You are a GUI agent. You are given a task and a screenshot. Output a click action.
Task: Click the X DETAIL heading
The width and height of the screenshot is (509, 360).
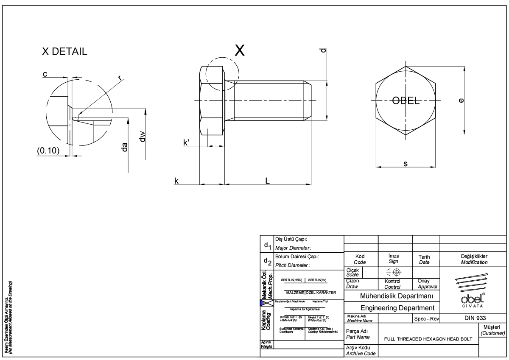pyautogui.click(x=64, y=52)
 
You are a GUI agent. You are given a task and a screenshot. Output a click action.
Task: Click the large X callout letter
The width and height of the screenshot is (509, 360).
pyautogui.click(x=240, y=50)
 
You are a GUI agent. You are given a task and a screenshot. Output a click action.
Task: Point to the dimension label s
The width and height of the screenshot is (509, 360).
pyautogui.click(x=406, y=164)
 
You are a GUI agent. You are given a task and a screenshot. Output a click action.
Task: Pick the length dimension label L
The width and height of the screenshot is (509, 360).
pyautogui.click(x=268, y=180)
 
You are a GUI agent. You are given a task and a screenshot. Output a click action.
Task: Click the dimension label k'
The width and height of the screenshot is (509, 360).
pyautogui.click(x=186, y=143)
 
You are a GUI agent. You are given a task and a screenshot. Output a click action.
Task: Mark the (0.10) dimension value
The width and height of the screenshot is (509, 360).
pyautogui.click(x=48, y=151)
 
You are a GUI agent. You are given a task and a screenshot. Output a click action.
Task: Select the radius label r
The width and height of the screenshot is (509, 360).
pyautogui.click(x=120, y=78)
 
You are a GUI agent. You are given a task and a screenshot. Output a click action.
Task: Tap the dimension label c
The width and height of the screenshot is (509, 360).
pyautogui.click(x=45, y=74)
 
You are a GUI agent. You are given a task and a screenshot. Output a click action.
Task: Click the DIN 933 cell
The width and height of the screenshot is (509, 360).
pyautogui.click(x=473, y=318)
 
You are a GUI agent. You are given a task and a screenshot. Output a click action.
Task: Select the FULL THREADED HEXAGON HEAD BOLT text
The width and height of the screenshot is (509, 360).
pyautogui.click(x=428, y=339)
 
